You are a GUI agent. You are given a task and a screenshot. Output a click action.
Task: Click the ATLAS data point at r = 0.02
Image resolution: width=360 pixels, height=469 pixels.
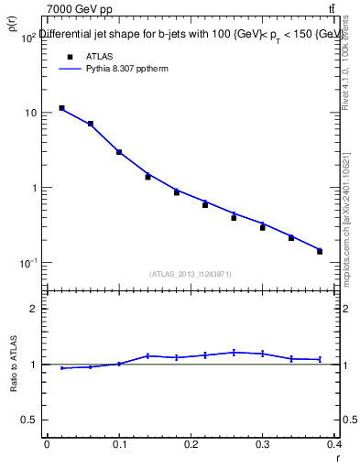(x=61, y=108)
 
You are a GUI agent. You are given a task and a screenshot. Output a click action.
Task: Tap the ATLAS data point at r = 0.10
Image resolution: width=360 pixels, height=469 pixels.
(x=119, y=152)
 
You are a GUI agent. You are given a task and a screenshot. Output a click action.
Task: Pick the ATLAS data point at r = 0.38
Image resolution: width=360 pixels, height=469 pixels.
(x=320, y=251)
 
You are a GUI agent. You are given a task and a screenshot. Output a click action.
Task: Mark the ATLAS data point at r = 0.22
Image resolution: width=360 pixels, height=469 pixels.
(x=205, y=205)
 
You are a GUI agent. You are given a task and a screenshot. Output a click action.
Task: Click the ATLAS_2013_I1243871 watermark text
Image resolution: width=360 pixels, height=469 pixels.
(x=191, y=274)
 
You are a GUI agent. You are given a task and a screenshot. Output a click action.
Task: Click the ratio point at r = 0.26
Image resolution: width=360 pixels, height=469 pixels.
(x=234, y=352)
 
